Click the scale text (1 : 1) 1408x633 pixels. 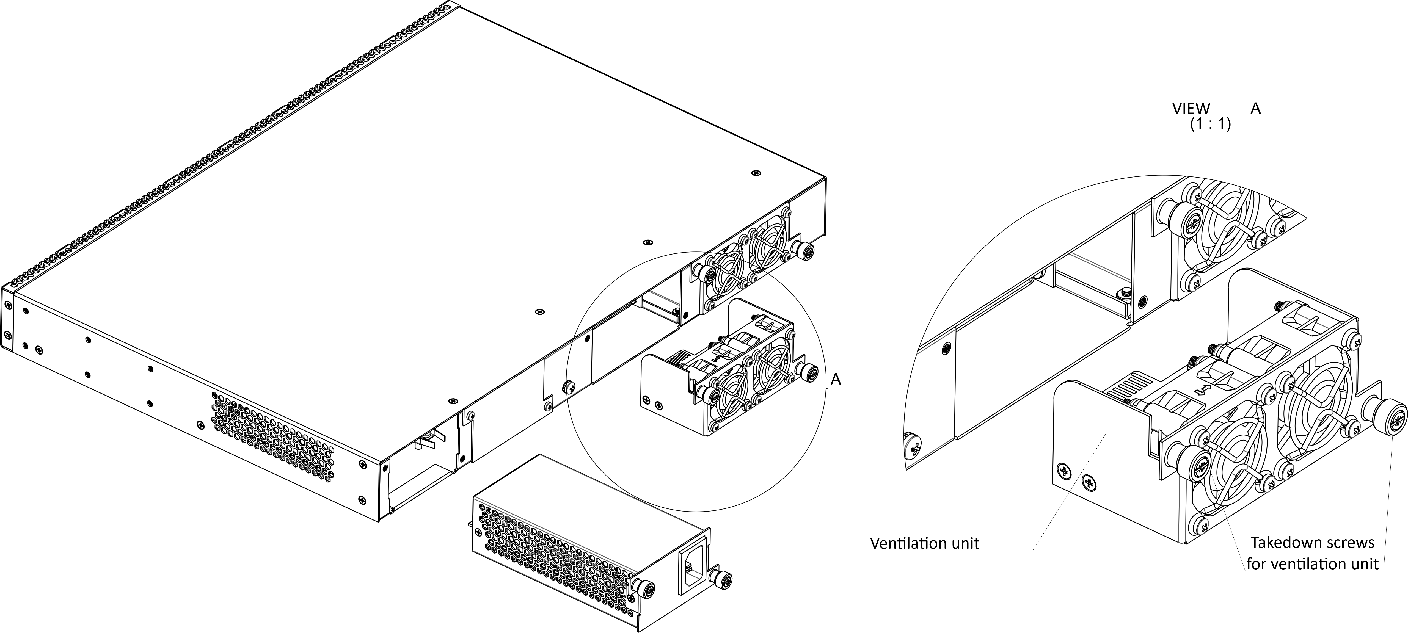pyautogui.click(x=1210, y=125)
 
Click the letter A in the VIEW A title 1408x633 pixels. pyautogui.click(x=1255, y=109)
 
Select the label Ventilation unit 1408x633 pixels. pyautogui.click(x=924, y=543)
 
